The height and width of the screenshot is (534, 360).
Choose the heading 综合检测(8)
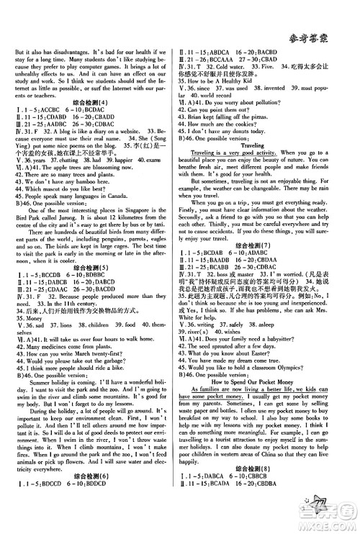tap(266, 484)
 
